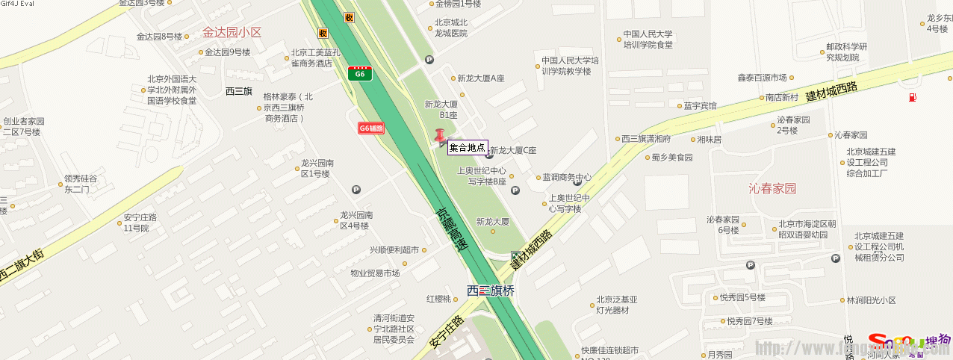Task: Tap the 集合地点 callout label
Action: click(468, 148)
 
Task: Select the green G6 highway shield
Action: click(360, 73)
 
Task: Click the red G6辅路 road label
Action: click(371, 128)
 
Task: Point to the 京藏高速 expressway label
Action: click(450, 229)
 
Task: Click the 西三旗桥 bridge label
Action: click(491, 291)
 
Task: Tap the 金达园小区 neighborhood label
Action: click(232, 32)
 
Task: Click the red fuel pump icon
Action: click(912, 97)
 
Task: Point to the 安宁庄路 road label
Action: click(447, 332)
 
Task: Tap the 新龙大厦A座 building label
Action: click(481, 78)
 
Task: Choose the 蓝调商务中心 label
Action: click(567, 177)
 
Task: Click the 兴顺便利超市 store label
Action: click(394, 250)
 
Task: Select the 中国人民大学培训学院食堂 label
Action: click(648, 39)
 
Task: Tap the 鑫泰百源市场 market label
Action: click(762, 77)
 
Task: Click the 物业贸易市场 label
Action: click(375, 273)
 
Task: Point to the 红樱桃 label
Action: click(438, 299)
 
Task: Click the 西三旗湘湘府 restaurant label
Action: click(646, 139)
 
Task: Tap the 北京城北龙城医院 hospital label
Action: click(451, 28)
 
